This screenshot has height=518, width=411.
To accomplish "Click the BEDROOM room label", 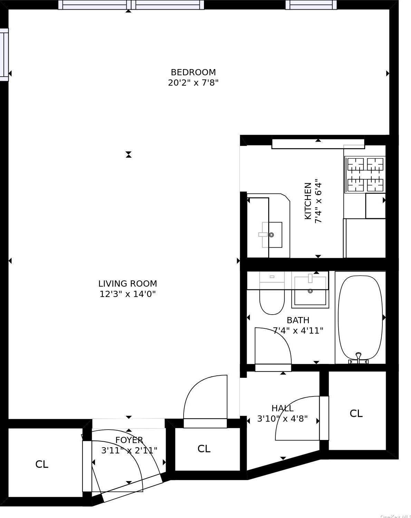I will (193, 72).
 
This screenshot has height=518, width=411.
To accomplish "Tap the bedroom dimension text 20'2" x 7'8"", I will (193, 83).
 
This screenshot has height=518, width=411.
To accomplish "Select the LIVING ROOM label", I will (128, 284).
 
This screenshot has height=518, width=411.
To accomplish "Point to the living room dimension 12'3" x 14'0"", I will (128, 294).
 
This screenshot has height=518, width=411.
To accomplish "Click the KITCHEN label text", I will (308, 201).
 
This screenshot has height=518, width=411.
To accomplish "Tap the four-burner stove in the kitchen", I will (365, 174).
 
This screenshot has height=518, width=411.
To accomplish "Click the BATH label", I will (298, 320).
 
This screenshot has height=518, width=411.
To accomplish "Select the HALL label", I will (282, 408).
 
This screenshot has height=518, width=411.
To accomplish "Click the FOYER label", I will (129, 440).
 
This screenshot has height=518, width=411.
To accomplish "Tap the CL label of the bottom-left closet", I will (42, 464).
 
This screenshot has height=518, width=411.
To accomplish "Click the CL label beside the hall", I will (356, 413).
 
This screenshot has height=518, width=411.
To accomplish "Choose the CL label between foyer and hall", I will (204, 449).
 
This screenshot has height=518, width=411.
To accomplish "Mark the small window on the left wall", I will (4, 55).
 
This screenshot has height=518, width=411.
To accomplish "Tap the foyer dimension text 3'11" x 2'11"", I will (129, 451).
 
